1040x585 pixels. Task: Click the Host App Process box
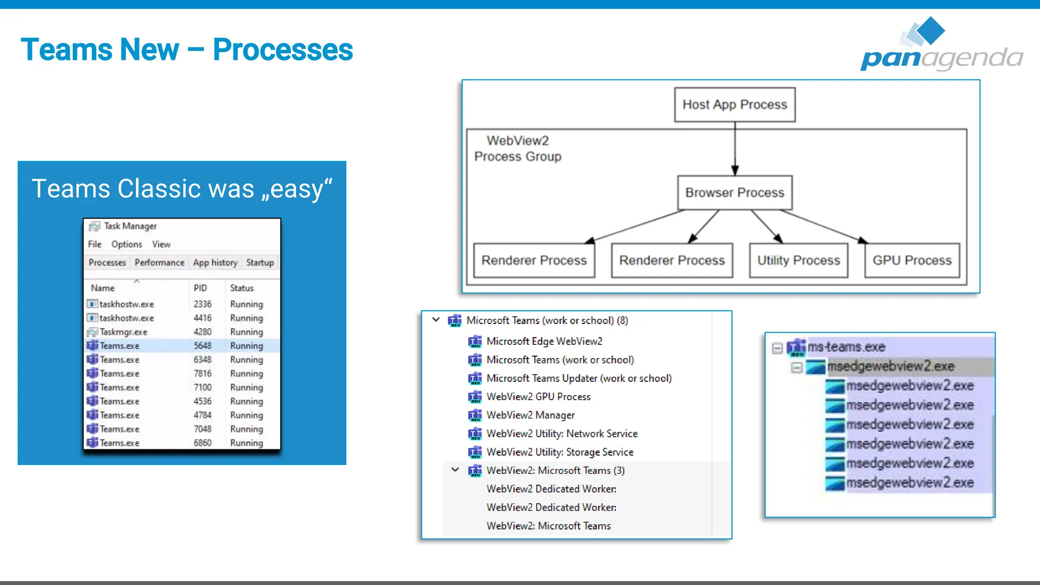pyautogui.click(x=734, y=105)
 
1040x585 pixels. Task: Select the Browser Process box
pyautogui.click(x=734, y=192)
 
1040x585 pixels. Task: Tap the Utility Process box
pyautogui.click(x=798, y=261)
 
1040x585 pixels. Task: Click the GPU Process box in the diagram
pyautogui.click(x=912, y=261)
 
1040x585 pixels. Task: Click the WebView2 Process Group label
pyautogui.click(x=517, y=148)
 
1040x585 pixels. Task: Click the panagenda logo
pyautogui.click(x=941, y=46)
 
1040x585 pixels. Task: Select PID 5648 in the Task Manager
pyautogui.click(x=202, y=346)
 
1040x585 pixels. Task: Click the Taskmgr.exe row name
pyautogui.click(x=123, y=332)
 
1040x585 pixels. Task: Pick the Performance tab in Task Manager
pyautogui.click(x=159, y=263)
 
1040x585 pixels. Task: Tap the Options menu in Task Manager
pyautogui.click(x=126, y=244)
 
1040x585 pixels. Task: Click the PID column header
pyautogui.click(x=200, y=288)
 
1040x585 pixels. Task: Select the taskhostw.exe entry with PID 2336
pyautogui.click(x=126, y=304)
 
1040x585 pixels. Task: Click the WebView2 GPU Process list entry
pyautogui.click(x=538, y=397)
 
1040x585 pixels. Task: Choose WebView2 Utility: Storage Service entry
pyautogui.click(x=560, y=452)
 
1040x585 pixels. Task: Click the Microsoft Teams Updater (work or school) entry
pyautogui.click(x=578, y=378)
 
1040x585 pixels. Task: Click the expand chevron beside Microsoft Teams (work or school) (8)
pyautogui.click(x=436, y=320)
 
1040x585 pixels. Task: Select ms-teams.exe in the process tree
pyautogui.click(x=846, y=347)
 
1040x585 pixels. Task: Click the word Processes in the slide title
pyautogui.click(x=282, y=50)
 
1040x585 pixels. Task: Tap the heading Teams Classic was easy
pyautogui.click(x=182, y=189)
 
